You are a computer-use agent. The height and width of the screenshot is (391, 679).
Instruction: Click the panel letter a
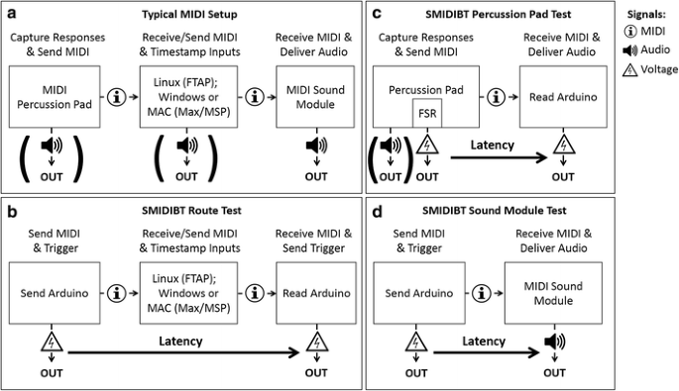[x=11, y=15]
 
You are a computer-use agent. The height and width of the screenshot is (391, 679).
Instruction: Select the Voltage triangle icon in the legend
[x=631, y=69]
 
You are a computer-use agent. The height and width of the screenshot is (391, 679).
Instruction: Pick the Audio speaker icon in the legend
[x=631, y=51]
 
